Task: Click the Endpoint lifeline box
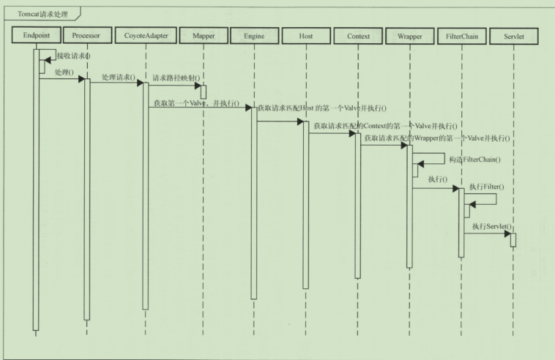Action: [37, 35]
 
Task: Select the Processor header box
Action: [87, 35]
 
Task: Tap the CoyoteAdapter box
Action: [146, 35]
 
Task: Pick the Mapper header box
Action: [204, 36]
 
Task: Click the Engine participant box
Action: [255, 36]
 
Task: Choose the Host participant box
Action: [306, 36]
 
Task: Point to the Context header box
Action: [358, 36]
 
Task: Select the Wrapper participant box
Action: [410, 36]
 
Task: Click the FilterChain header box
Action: [462, 36]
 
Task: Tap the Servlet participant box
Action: [514, 37]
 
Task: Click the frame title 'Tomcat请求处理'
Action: [42, 14]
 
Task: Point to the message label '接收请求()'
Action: [73, 56]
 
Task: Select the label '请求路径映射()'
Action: [176, 78]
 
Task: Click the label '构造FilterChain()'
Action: [475, 160]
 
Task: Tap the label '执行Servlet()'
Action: [492, 226]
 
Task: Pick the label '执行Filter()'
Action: [487, 187]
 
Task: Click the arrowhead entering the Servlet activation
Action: [507, 233]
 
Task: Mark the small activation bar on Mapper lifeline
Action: [204, 91]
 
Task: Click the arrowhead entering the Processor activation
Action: [81, 79]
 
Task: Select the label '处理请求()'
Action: [119, 77]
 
